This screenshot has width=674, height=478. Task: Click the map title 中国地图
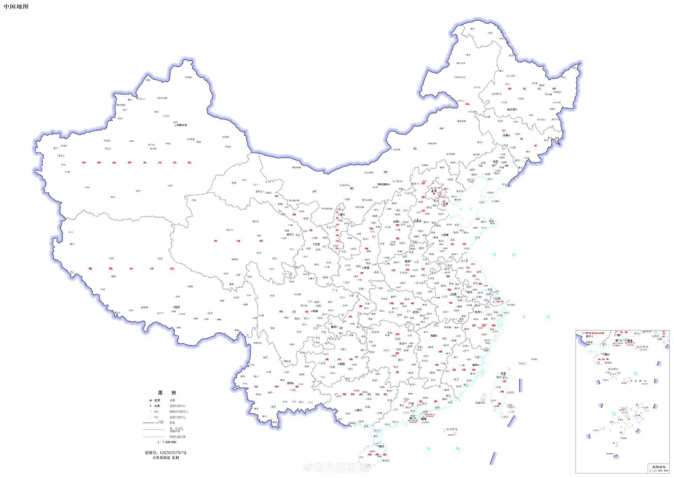16,6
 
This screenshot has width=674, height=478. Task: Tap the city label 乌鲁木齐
182,125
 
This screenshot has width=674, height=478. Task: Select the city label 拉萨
177,307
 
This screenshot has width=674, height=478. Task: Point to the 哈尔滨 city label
511,109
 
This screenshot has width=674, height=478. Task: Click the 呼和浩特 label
383,184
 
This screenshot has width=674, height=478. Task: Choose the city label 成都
315,311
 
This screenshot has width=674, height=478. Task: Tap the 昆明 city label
290,383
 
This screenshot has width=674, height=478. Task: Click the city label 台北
503,373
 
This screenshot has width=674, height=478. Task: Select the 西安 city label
367,268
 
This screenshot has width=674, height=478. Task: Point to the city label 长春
506,135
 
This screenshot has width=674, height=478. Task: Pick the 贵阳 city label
342,364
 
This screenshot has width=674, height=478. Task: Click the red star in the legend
150,400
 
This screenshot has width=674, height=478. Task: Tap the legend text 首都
172,400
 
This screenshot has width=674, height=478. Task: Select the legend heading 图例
167,392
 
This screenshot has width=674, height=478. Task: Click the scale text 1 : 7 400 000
167,442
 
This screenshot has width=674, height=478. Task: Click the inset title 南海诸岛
658,467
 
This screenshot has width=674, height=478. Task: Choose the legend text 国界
172,423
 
